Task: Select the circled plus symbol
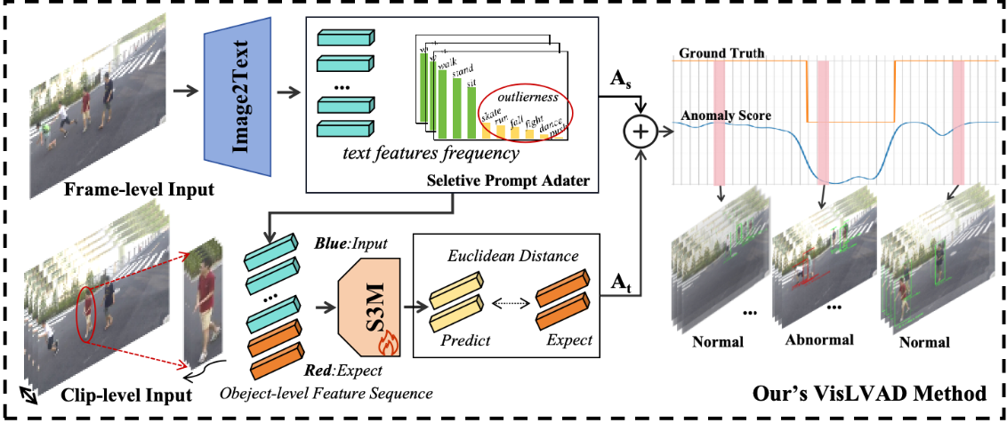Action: [640, 132]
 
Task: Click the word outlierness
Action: [528, 96]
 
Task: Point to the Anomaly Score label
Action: [726, 116]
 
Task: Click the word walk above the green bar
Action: [447, 63]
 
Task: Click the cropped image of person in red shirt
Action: [204, 303]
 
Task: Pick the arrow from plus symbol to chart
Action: [665, 132]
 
